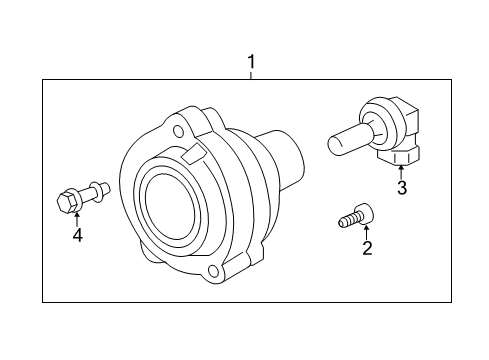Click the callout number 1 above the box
pos(251,63)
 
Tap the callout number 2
pos(366,248)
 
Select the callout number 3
pos(401,187)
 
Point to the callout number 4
pos(75,235)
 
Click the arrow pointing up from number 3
pos(401,171)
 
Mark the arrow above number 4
pos(75,219)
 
